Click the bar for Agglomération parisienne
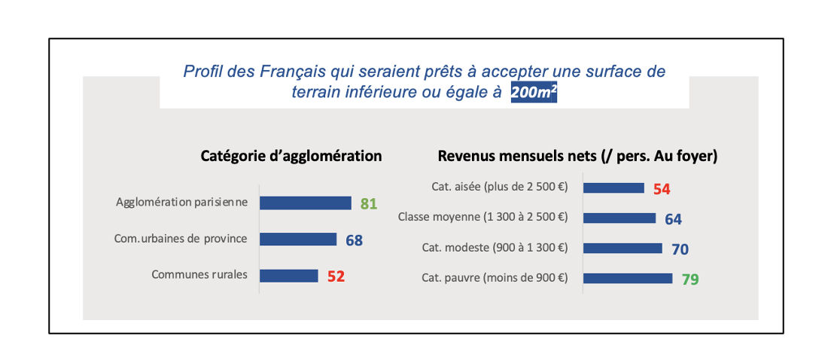pos(306,203)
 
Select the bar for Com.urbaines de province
pos(298,239)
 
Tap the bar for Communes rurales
pos(289,276)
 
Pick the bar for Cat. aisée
pos(613,188)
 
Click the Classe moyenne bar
pos(619,218)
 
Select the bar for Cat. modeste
pos(622,249)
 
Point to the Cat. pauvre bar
pos(628,278)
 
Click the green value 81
pos(368,203)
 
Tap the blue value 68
pos(354,240)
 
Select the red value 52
pos(336,276)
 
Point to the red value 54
pos(662,189)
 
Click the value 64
pos(673,219)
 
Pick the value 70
pos(680,249)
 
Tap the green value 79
pos(690,279)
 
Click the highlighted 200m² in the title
pos(534,93)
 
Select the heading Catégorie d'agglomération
pos(291,156)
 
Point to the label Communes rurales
pos(199,275)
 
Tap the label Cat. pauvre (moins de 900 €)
pos(495,278)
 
